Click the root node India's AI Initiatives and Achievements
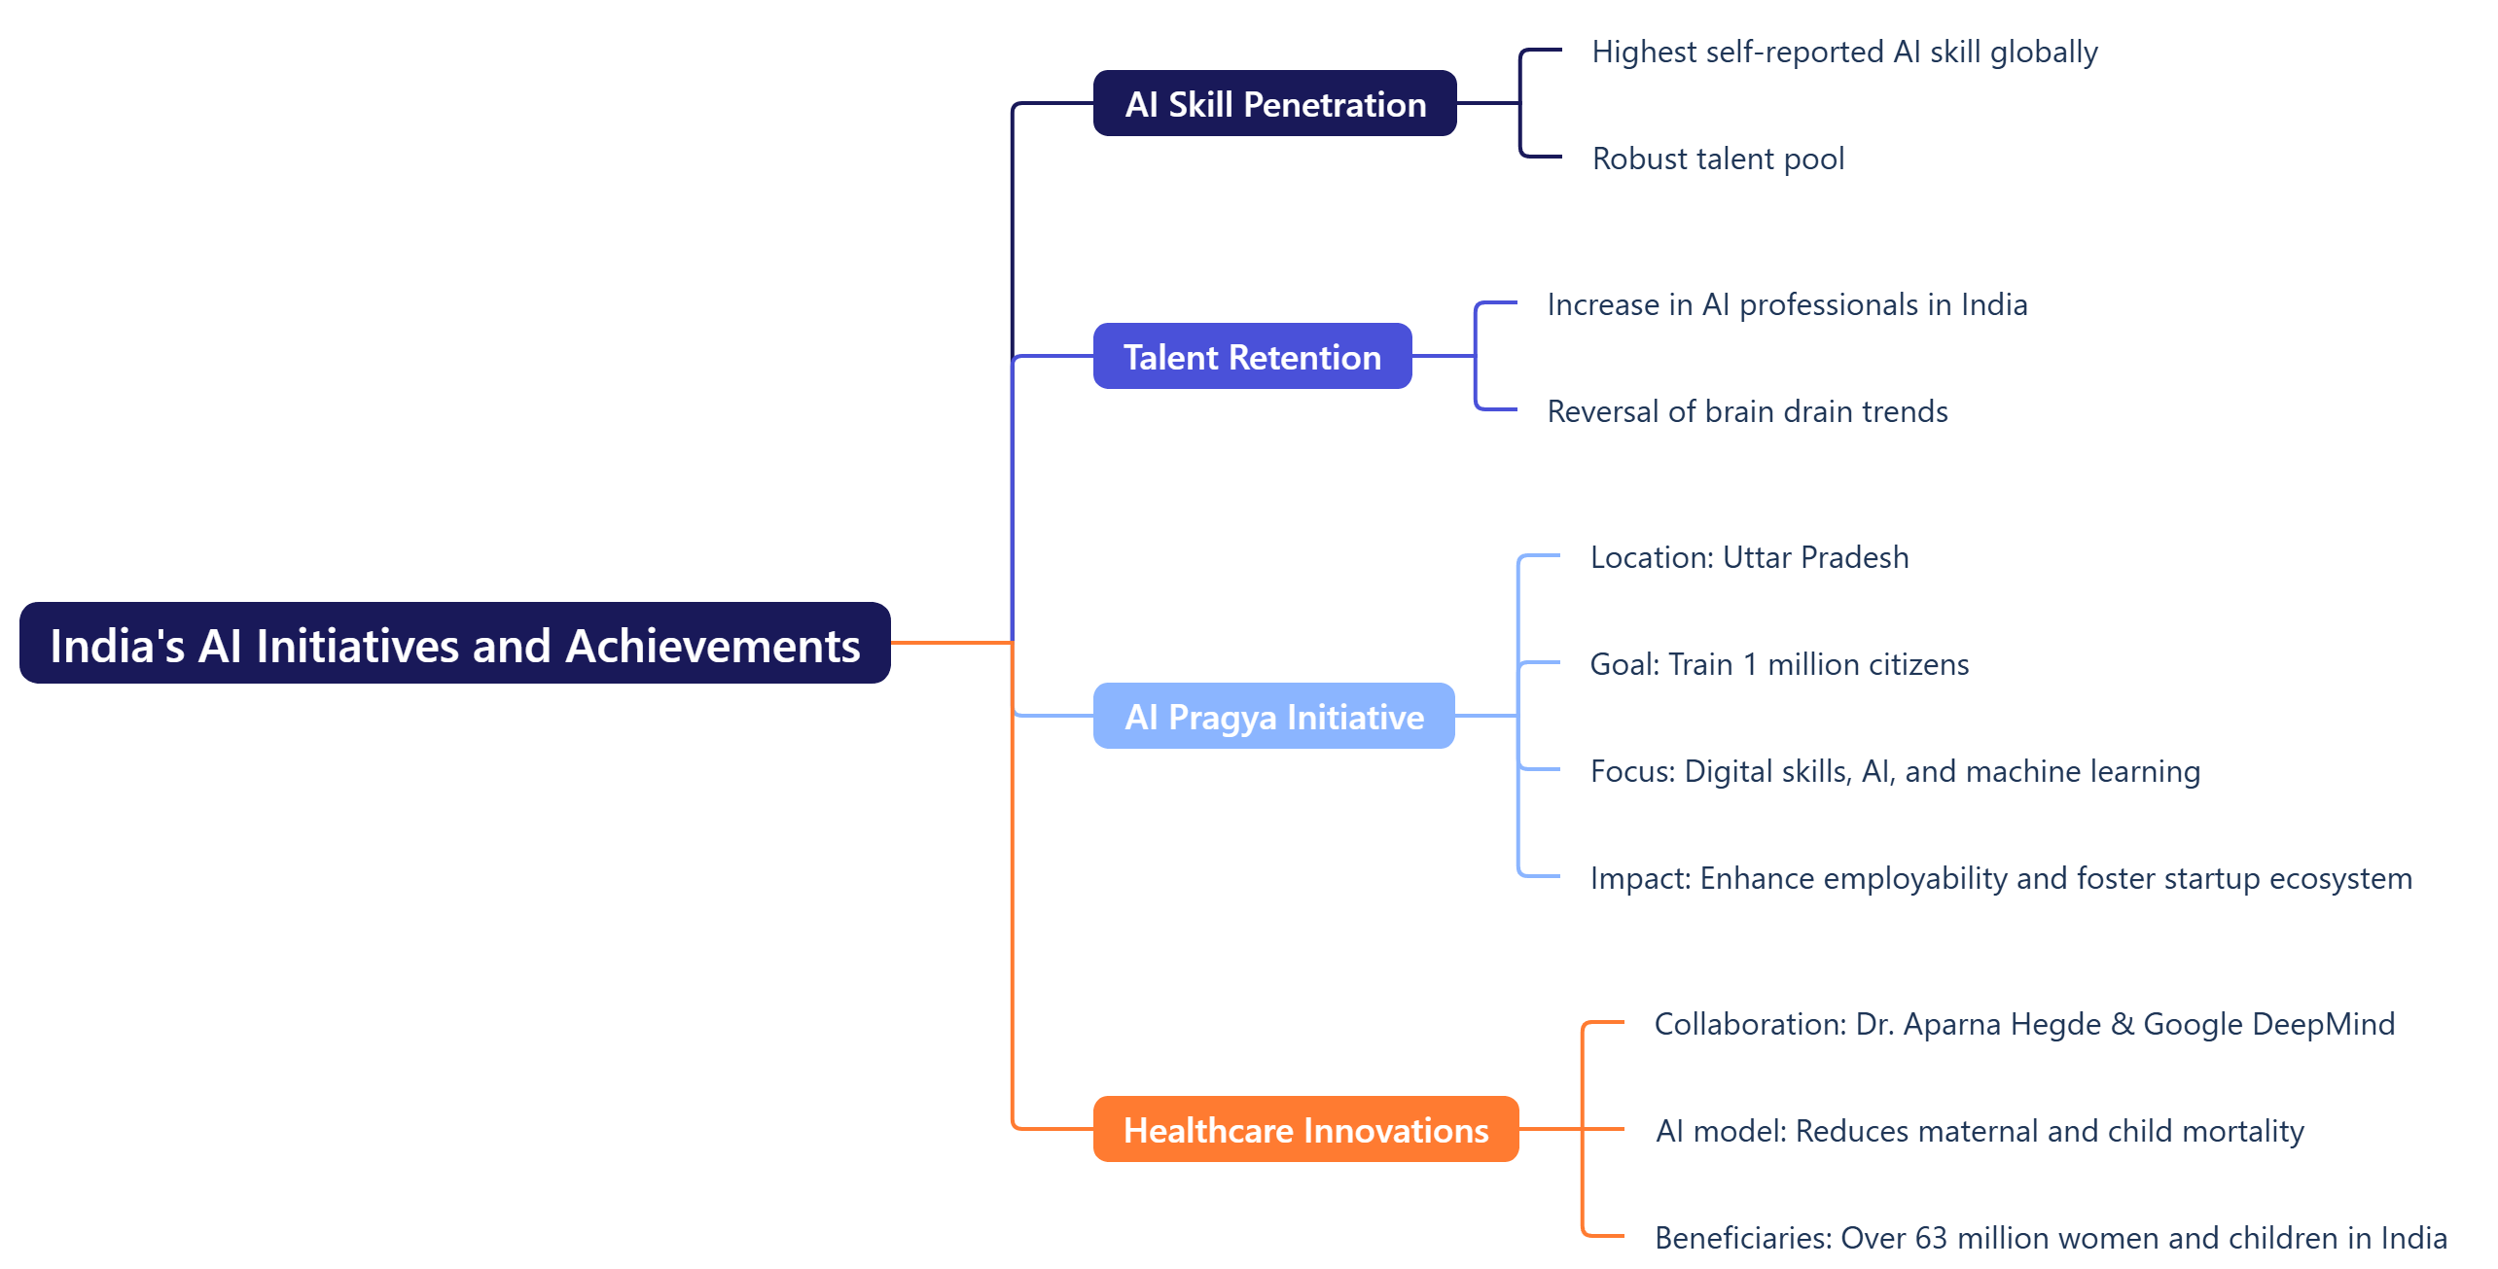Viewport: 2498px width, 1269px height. (x=454, y=644)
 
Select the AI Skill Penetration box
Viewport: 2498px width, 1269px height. (x=1274, y=104)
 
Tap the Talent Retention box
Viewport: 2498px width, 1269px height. (x=1252, y=357)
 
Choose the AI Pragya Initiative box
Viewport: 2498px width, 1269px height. (x=1273, y=717)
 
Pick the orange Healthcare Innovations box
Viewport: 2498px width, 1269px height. (x=1305, y=1130)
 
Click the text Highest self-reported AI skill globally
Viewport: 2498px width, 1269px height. (x=1844, y=52)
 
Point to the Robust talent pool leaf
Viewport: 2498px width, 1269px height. (x=1718, y=159)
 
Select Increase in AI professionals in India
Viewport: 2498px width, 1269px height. (x=1787, y=304)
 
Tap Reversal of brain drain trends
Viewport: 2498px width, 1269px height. (x=1747, y=411)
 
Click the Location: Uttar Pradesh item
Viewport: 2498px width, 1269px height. (x=1749, y=557)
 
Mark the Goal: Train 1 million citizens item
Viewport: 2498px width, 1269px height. (x=1779, y=664)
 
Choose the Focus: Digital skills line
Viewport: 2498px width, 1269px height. (x=1894, y=771)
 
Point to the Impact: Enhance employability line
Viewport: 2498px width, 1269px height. (x=2001, y=878)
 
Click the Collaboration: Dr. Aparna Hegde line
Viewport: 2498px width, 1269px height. (x=2024, y=1024)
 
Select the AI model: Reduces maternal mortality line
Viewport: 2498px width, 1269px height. (x=1980, y=1131)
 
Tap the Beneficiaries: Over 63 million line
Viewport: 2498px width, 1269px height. (x=2051, y=1238)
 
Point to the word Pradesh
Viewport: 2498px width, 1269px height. (x=1854, y=557)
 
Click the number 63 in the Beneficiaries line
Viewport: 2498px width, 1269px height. (x=1931, y=1238)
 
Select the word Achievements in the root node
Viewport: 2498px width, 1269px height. (x=713, y=646)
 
